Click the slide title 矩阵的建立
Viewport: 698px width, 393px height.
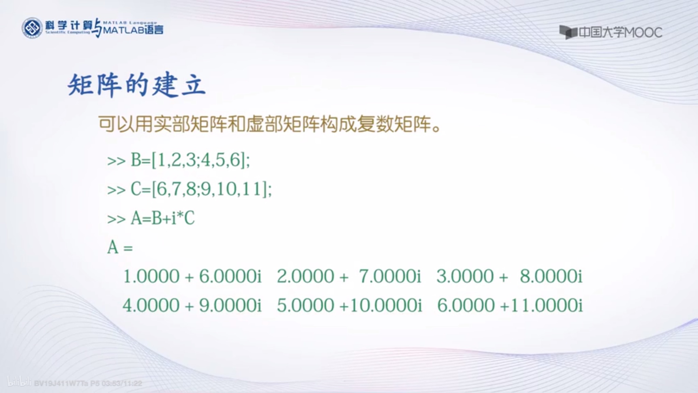pyautogui.click(x=136, y=85)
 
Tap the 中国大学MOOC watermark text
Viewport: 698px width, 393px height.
pyautogui.click(x=620, y=33)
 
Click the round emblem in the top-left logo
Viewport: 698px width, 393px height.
pyautogui.click(x=32, y=28)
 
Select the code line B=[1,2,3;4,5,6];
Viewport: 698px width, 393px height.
pyautogui.click(x=190, y=160)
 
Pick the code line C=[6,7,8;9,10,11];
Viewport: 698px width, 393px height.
pyautogui.click(x=201, y=189)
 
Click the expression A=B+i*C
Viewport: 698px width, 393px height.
pyautogui.click(x=163, y=218)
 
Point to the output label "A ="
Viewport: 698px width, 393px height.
pyautogui.click(x=120, y=247)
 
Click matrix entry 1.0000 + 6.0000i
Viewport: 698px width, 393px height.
pyautogui.click(x=192, y=276)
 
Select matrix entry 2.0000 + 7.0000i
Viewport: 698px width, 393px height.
pyautogui.click(x=349, y=276)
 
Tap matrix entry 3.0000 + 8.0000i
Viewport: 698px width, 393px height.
pyautogui.click(x=510, y=276)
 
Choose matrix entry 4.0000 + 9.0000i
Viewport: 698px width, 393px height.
pyautogui.click(x=192, y=305)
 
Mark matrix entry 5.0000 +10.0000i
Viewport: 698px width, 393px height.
pyautogui.click(x=349, y=305)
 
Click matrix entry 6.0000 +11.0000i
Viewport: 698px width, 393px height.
pyautogui.click(x=510, y=305)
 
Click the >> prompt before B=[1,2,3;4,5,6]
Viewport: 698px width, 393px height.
pyautogui.click(x=116, y=161)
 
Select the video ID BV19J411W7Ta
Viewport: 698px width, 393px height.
pyautogui.click(x=61, y=383)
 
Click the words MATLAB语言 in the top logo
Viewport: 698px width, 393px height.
pyautogui.click(x=133, y=30)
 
